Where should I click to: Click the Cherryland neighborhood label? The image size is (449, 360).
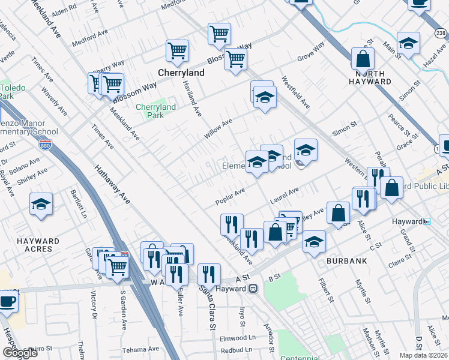(181, 73)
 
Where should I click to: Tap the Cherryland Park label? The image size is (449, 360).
(155, 111)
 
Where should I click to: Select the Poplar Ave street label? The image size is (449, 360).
(231, 196)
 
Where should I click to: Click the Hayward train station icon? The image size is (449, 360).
(253, 289)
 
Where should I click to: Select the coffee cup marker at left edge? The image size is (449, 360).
(7, 300)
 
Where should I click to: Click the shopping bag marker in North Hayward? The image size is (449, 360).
(363, 59)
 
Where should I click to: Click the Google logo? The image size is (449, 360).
(20, 353)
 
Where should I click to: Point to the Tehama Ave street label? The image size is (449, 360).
(139, 350)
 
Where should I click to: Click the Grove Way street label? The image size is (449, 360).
(311, 52)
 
